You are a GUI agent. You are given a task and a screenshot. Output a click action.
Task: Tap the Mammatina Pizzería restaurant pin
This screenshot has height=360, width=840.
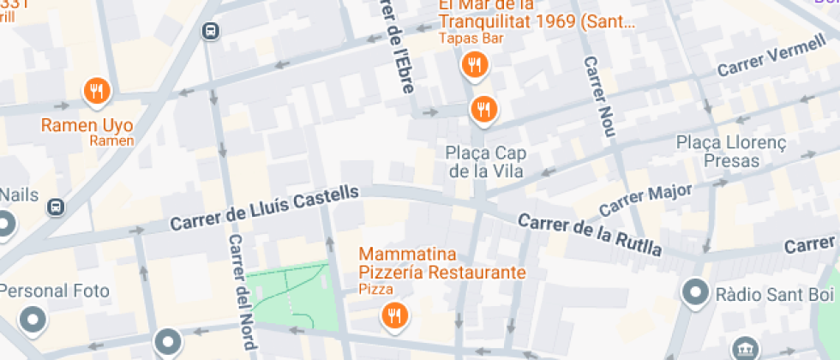click(x=393, y=315)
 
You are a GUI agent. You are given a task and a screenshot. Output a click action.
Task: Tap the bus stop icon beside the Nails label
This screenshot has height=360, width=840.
click(x=56, y=207)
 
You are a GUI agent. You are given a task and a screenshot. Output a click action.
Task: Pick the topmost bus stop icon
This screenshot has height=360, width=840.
click(x=210, y=32)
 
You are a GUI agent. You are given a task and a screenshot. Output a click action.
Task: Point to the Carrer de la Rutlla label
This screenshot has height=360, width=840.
click(x=591, y=233)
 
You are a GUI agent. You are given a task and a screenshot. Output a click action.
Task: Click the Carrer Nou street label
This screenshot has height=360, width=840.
click(x=598, y=99)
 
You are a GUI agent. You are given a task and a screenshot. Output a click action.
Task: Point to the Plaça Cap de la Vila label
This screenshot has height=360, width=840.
click(x=485, y=161)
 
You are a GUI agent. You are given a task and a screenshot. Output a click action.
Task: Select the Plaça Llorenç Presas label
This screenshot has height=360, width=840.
click(x=731, y=150)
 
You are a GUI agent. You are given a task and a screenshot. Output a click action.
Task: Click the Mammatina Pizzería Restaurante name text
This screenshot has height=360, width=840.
click(x=441, y=264)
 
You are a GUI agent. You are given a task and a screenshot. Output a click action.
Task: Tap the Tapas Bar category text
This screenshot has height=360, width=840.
click(x=470, y=39)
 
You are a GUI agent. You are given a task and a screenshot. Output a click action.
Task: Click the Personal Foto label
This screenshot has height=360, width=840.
click(x=55, y=291)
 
